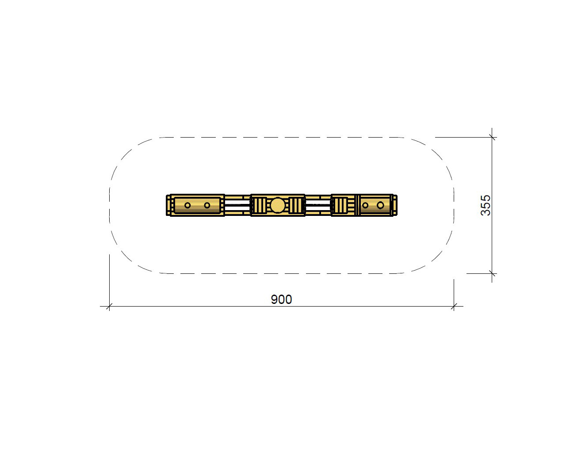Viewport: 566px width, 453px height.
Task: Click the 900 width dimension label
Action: tap(281, 299)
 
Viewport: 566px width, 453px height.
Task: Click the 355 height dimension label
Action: tap(486, 205)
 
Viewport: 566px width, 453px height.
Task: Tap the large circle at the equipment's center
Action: tap(278, 205)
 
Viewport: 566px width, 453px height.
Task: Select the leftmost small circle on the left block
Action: tap(187, 205)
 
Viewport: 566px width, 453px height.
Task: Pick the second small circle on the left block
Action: tap(207, 205)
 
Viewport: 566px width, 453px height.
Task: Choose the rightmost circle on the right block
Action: tap(380, 205)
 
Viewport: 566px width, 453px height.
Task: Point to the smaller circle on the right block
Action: tap(365, 205)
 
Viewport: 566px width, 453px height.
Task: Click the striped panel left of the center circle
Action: tap(259, 205)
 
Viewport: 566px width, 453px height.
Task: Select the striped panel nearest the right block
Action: tap(340, 205)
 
